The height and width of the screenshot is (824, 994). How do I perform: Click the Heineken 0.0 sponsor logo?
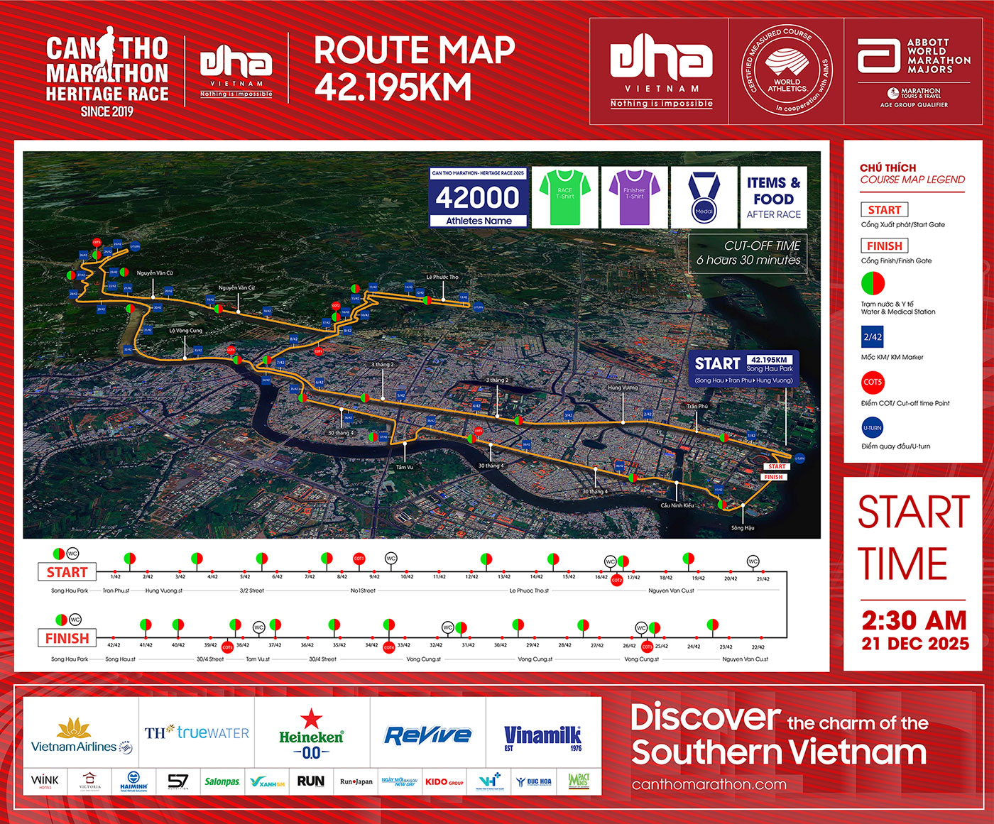pos(311,735)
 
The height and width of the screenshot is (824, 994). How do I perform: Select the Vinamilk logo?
pos(543,736)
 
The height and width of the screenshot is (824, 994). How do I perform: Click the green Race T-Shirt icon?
pos(564,195)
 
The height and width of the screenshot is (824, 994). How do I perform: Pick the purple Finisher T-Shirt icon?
pos(634,195)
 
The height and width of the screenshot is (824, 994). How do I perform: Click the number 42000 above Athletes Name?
pos(478,198)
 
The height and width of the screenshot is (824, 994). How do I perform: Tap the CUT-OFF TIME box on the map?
pos(748,253)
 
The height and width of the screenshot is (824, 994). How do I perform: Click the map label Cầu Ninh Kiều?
pos(677,505)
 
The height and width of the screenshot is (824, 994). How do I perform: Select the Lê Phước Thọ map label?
pos(442,278)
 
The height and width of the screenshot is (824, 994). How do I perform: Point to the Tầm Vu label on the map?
pos(405,467)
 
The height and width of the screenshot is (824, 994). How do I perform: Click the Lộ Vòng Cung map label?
pos(185,331)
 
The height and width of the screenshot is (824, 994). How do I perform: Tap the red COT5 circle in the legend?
pos(873,383)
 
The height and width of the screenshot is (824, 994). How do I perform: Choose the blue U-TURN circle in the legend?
pos(873,428)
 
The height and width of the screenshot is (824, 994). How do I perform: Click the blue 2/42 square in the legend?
pos(873,337)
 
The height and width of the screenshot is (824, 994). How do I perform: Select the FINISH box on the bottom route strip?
pos(67,638)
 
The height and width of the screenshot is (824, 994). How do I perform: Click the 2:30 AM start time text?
pos(914,621)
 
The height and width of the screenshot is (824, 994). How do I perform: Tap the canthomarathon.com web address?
pos(709,784)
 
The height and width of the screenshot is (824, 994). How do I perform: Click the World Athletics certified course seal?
pos(787,71)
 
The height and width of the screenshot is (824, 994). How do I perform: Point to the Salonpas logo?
pos(222,781)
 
